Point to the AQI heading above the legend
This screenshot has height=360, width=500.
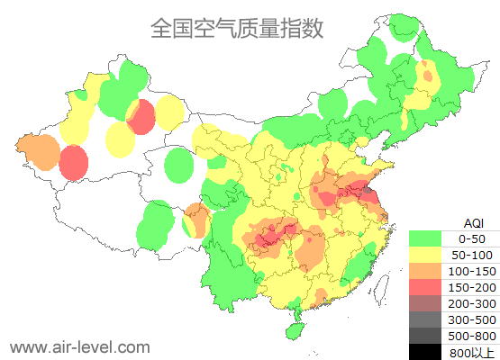pos(473,222)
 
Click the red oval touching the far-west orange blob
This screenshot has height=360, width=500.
pos(74,162)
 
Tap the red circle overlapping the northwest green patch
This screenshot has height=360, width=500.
pos(141,117)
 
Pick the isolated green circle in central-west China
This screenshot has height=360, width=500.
pos(180,165)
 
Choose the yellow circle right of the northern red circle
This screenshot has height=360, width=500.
pos(168,113)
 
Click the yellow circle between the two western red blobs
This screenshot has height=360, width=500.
pos(120,139)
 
